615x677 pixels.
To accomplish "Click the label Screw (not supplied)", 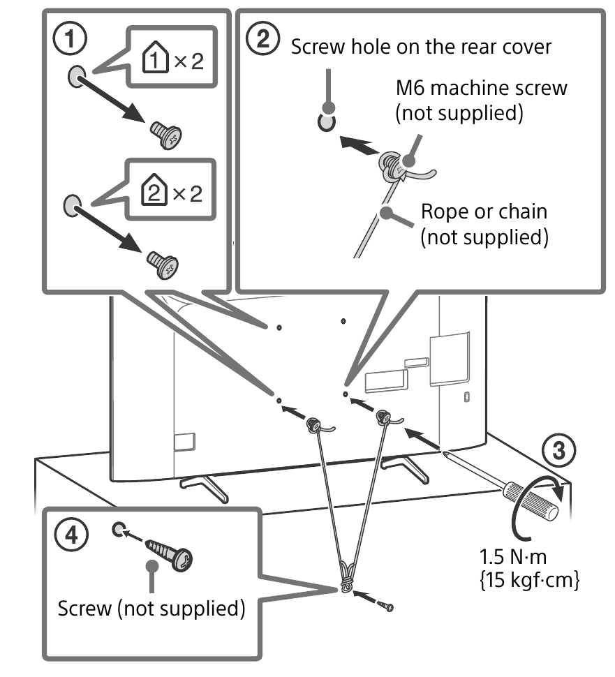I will click(151, 608).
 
